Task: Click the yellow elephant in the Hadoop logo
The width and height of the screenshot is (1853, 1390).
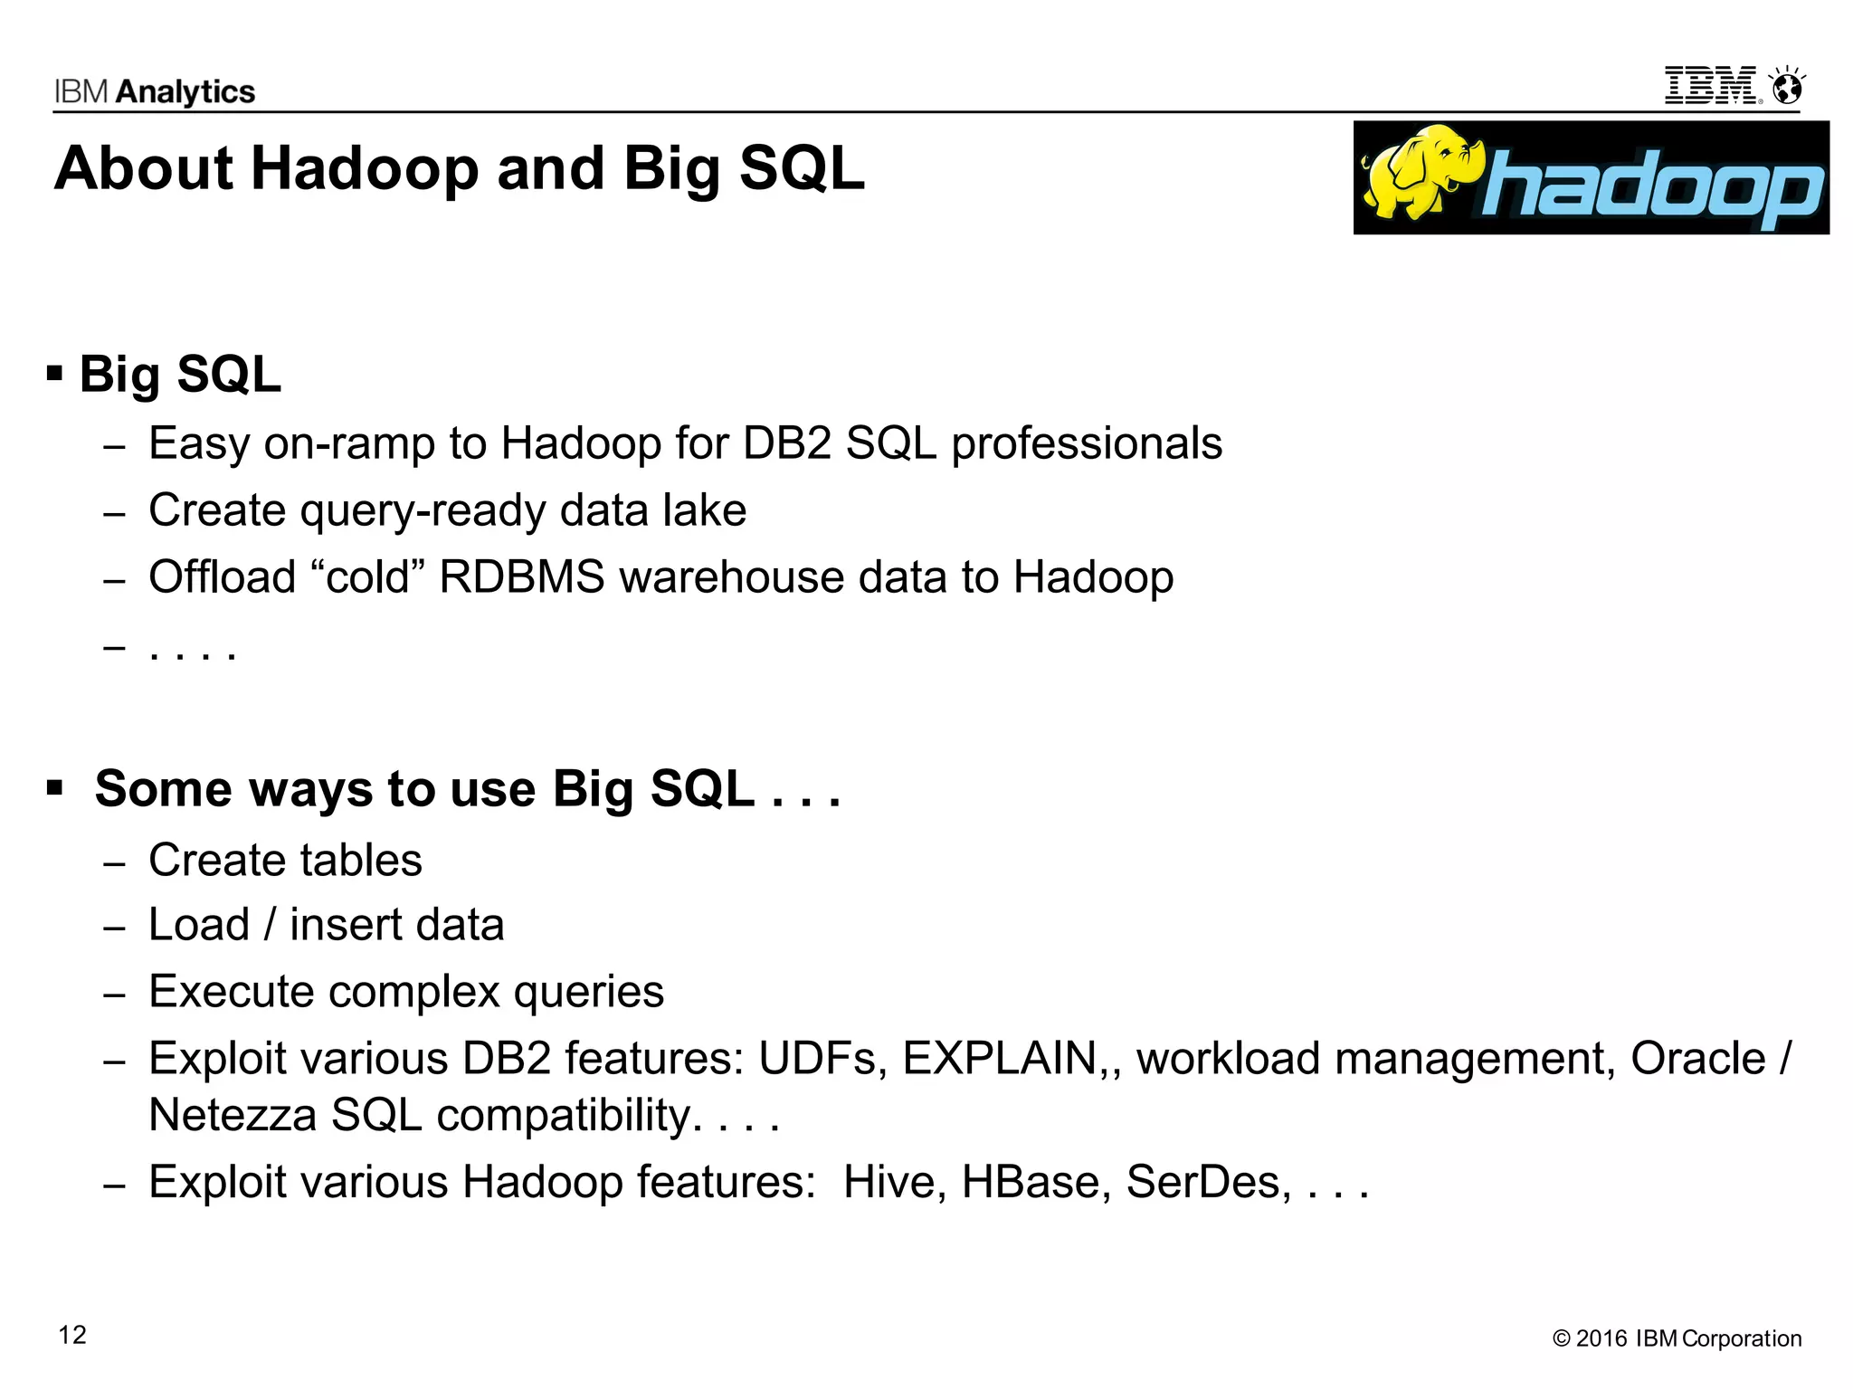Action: click(x=1421, y=172)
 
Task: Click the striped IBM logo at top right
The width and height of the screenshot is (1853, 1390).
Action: click(x=1711, y=86)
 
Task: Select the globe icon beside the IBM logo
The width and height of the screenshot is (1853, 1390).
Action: click(x=1787, y=87)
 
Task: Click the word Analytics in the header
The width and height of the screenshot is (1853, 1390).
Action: click(x=185, y=91)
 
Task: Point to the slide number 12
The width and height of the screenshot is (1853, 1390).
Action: click(x=72, y=1335)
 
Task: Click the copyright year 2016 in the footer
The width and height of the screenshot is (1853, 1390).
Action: click(x=1601, y=1338)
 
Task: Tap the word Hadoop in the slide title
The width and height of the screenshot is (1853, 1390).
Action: click(x=365, y=169)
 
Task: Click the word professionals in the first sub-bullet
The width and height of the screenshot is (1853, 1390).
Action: click(x=1087, y=443)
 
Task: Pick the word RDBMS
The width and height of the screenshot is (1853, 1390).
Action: click(x=521, y=577)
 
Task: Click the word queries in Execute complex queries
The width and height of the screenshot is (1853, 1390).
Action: click(x=588, y=992)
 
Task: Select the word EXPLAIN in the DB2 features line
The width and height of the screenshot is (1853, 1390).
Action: click(x=999, y=1058)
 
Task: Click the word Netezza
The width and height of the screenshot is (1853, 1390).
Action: click(x=233, y=1115)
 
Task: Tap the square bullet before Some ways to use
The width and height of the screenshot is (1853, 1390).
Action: click(x=55, y=788)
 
